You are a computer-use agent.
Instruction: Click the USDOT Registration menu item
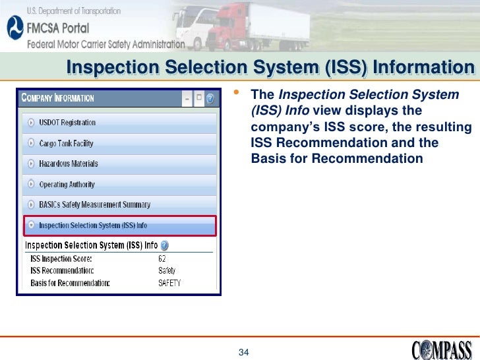coord(67,123)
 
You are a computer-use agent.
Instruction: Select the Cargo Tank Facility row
coord(66,143)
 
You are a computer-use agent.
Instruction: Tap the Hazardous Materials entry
coord(69,164)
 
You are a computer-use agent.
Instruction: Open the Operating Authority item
coord(67,185)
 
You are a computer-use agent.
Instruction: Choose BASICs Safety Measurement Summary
coord(94,205)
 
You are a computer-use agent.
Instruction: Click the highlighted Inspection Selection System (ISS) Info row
coord(92,225)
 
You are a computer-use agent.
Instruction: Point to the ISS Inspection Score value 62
coord(162,258)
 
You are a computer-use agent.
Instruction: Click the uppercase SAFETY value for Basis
coord(169,283)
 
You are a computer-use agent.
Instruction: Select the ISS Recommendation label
coord(62,271)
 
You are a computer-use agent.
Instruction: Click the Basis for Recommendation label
coord(70,283)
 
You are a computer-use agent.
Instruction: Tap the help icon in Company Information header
coord(210,98)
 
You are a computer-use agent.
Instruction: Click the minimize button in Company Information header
coord(187,98)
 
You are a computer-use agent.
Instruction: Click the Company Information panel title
coord(58,98)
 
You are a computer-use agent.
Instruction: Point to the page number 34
coord(243,352)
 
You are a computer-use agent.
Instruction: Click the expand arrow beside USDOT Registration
coord(31,123)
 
